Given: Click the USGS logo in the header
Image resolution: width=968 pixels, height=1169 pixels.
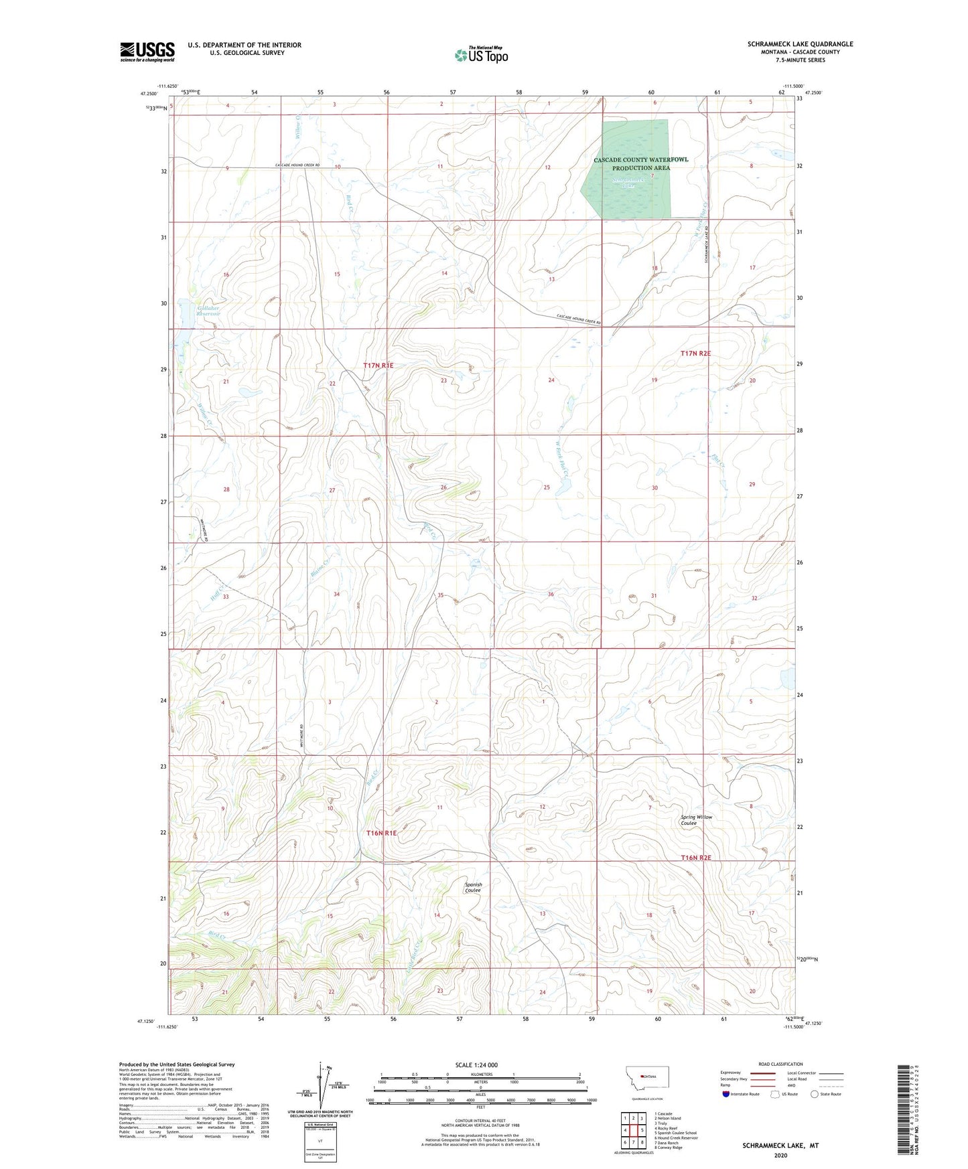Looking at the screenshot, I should pyautogui.click(x=147, y=51).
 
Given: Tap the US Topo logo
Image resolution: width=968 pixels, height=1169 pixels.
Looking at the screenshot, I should pyautogui.click(x=481, y=55).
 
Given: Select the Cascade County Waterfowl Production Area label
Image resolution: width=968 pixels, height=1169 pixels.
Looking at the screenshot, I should pyautogui.click(x=640, y=163).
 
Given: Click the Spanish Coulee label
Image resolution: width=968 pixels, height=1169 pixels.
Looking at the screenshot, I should pyautogui.click(x=473, y=887).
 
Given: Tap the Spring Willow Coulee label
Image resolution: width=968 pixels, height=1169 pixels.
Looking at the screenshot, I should pyautogui.click(x=697, y=820).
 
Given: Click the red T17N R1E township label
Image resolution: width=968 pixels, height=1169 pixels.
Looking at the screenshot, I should pyautogui.click(x=378, y=366).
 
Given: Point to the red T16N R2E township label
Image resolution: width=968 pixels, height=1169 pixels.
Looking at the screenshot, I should pyautogui.click(x=695, y=858).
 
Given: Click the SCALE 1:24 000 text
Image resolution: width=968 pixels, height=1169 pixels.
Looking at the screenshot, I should pyautogui.click(x=476, y=1065).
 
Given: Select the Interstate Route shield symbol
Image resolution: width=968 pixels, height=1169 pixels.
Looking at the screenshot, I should pyautogui.click(x=726, y=1094).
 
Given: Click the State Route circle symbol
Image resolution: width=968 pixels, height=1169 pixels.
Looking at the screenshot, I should pyautogui.click(x=815, y=1094).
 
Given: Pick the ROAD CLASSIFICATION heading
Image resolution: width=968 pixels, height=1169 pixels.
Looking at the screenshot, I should pyautogui.click(x=780, y=1064).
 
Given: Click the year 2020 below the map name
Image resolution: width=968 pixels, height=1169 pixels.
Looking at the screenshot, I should pyautogui.click(x=780, y=1155).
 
